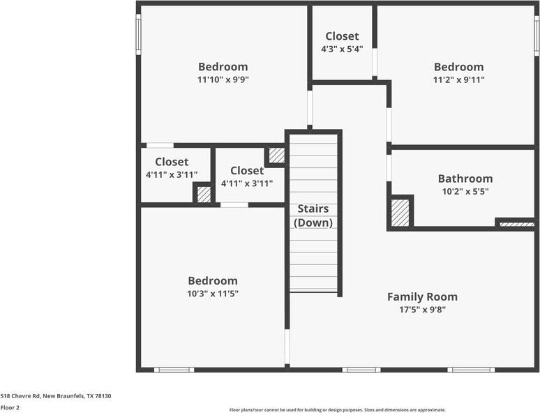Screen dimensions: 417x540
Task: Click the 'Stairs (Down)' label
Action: [x=313, y=215]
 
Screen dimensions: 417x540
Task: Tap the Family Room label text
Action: [x=422, y=296]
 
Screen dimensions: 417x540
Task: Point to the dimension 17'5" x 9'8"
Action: [x=422, y=309]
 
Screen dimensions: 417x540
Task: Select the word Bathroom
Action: [x=465, y=179]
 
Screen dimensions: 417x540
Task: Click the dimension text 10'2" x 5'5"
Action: [x=465, y=191]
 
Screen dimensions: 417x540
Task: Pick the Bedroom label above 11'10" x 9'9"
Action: [x=223, y=67]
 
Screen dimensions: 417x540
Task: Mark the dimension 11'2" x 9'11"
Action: [x=458, y=79]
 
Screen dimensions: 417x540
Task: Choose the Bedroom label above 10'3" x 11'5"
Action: [x=213, y=280]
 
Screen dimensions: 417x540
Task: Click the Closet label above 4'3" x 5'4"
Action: [x=342, y=36]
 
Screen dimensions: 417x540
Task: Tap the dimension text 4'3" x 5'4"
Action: [x=342, y=49]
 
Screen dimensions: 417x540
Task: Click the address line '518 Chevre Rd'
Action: [x=56, y=395]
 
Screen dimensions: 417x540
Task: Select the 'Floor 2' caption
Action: [x=10, y=407]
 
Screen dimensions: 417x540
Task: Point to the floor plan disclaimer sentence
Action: [x=338, y=410]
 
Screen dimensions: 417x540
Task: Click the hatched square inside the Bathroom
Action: [x=400, y=213]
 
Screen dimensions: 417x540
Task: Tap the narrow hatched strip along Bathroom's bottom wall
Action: [x=517, y=225]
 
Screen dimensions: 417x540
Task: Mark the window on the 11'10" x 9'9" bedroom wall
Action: [x=138, y=35]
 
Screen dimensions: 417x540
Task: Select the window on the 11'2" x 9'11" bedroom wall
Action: [x=537, y=35]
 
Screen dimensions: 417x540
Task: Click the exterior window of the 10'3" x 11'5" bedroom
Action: [x=174, y=370]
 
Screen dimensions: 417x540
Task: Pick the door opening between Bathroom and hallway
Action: [x=389, y=168]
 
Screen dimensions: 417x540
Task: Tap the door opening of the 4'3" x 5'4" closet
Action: [x=375, y=63]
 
